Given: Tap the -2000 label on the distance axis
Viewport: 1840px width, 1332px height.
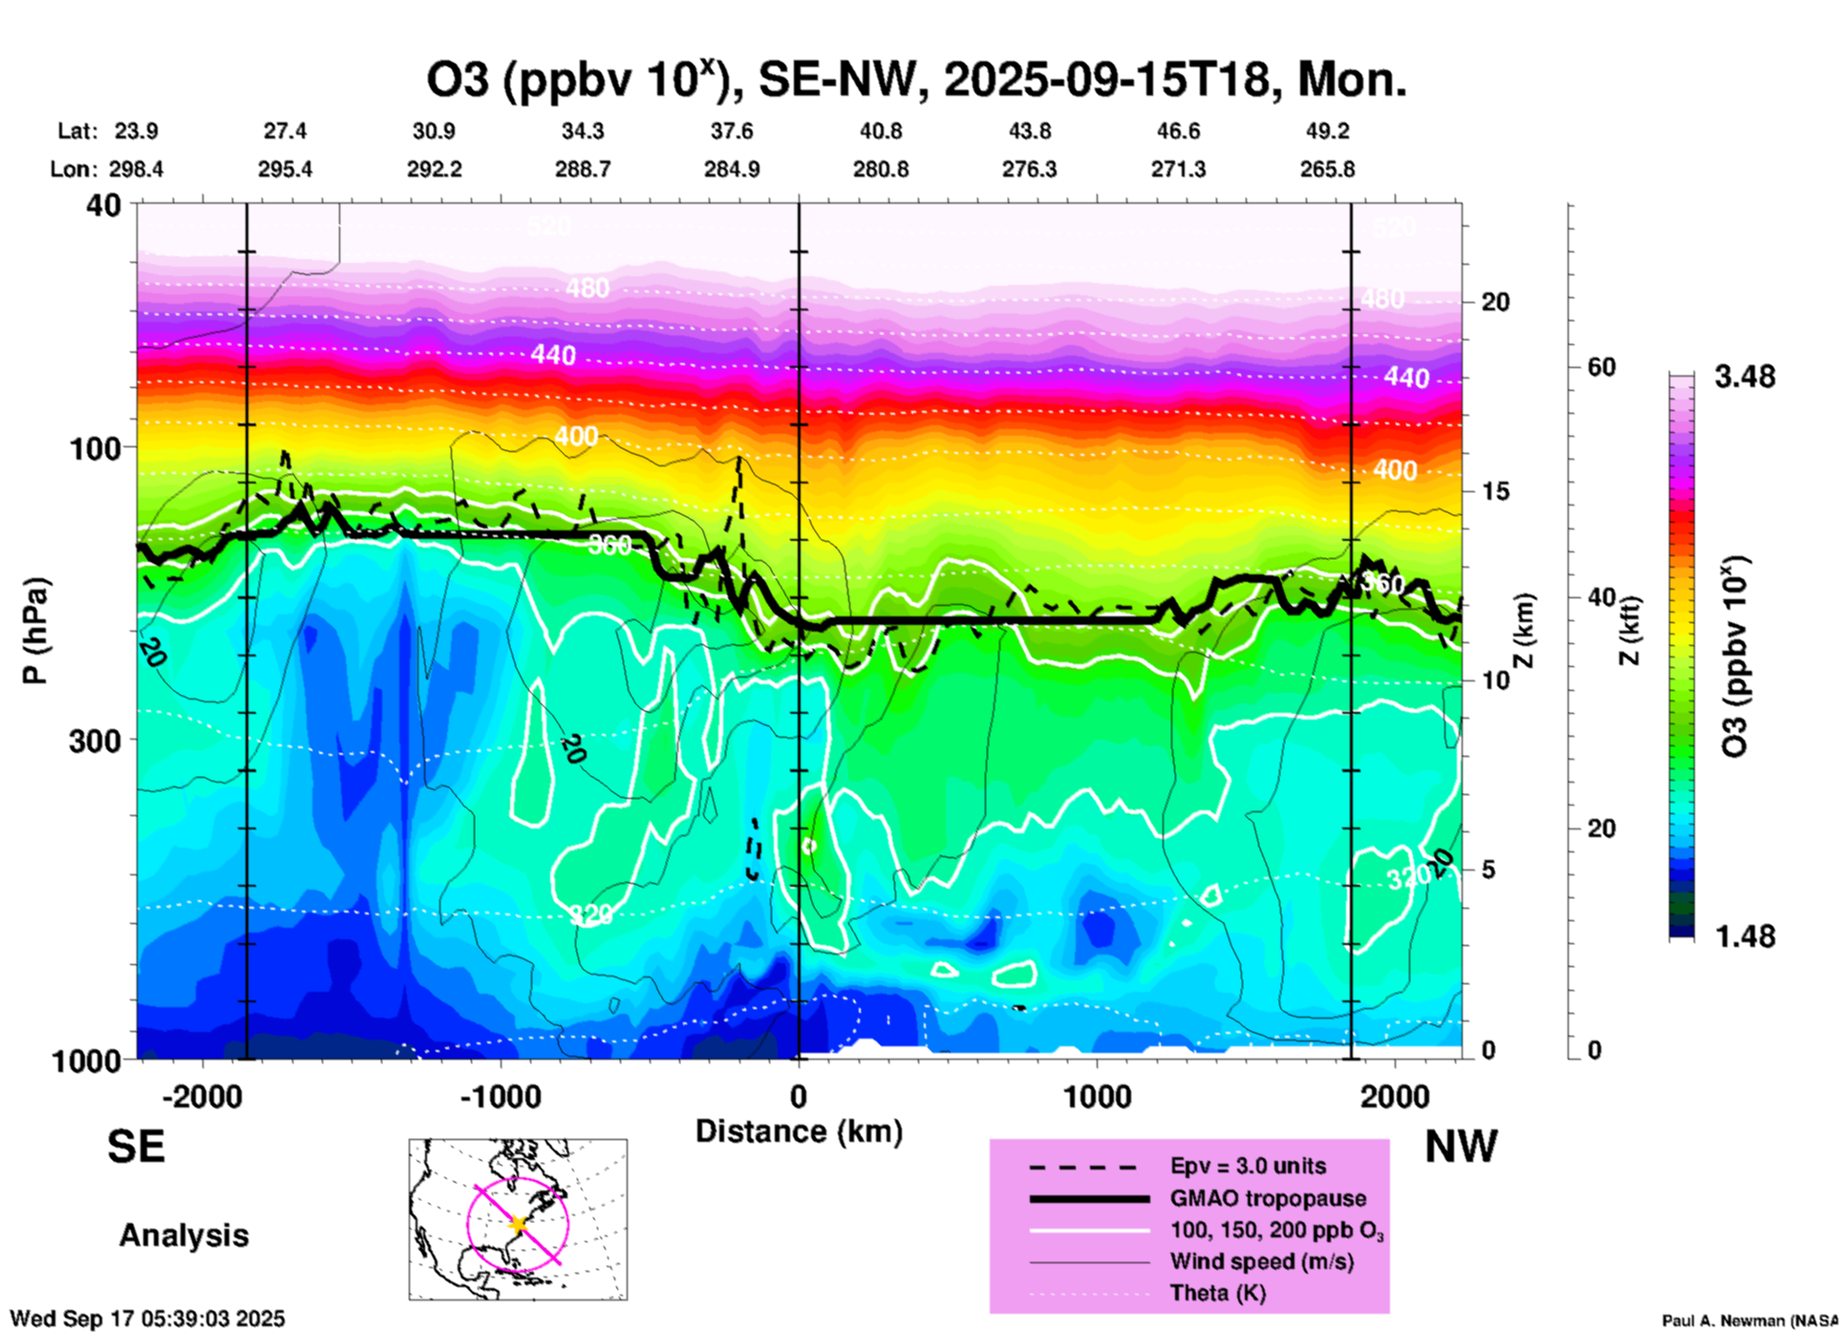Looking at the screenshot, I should (x=202, y=1096).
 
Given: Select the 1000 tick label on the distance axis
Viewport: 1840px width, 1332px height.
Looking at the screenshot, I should (x=1097, y=1096).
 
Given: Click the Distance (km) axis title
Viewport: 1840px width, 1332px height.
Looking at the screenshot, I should (x=799, y=1131).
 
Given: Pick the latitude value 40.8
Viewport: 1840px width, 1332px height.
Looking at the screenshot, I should (x=880, y=132).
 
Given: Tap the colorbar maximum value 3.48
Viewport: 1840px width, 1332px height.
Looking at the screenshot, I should (x=1744, y=377).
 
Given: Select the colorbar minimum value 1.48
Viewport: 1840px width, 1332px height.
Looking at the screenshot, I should (x=1744, y=936).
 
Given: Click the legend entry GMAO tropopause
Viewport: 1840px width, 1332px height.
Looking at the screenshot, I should (x=1268, y=1198).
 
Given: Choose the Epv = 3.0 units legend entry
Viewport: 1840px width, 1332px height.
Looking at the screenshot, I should (x=1248, y=1167).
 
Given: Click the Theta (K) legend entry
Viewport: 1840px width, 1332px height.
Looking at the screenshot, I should (x=1217, y=1293).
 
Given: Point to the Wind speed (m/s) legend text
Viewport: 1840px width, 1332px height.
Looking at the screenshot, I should (x=1261, y=1261).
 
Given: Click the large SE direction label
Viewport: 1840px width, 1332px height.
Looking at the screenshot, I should (x=136, y=1147).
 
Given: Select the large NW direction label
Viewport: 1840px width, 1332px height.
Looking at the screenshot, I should (x=1461, y=1147).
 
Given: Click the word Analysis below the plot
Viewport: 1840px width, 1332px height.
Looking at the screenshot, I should (x=183, y=1235).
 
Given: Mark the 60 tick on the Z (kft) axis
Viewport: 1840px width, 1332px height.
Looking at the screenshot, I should (x=1601, y=367).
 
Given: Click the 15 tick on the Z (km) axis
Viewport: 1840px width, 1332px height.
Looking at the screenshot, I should (x=1495, y=491).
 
